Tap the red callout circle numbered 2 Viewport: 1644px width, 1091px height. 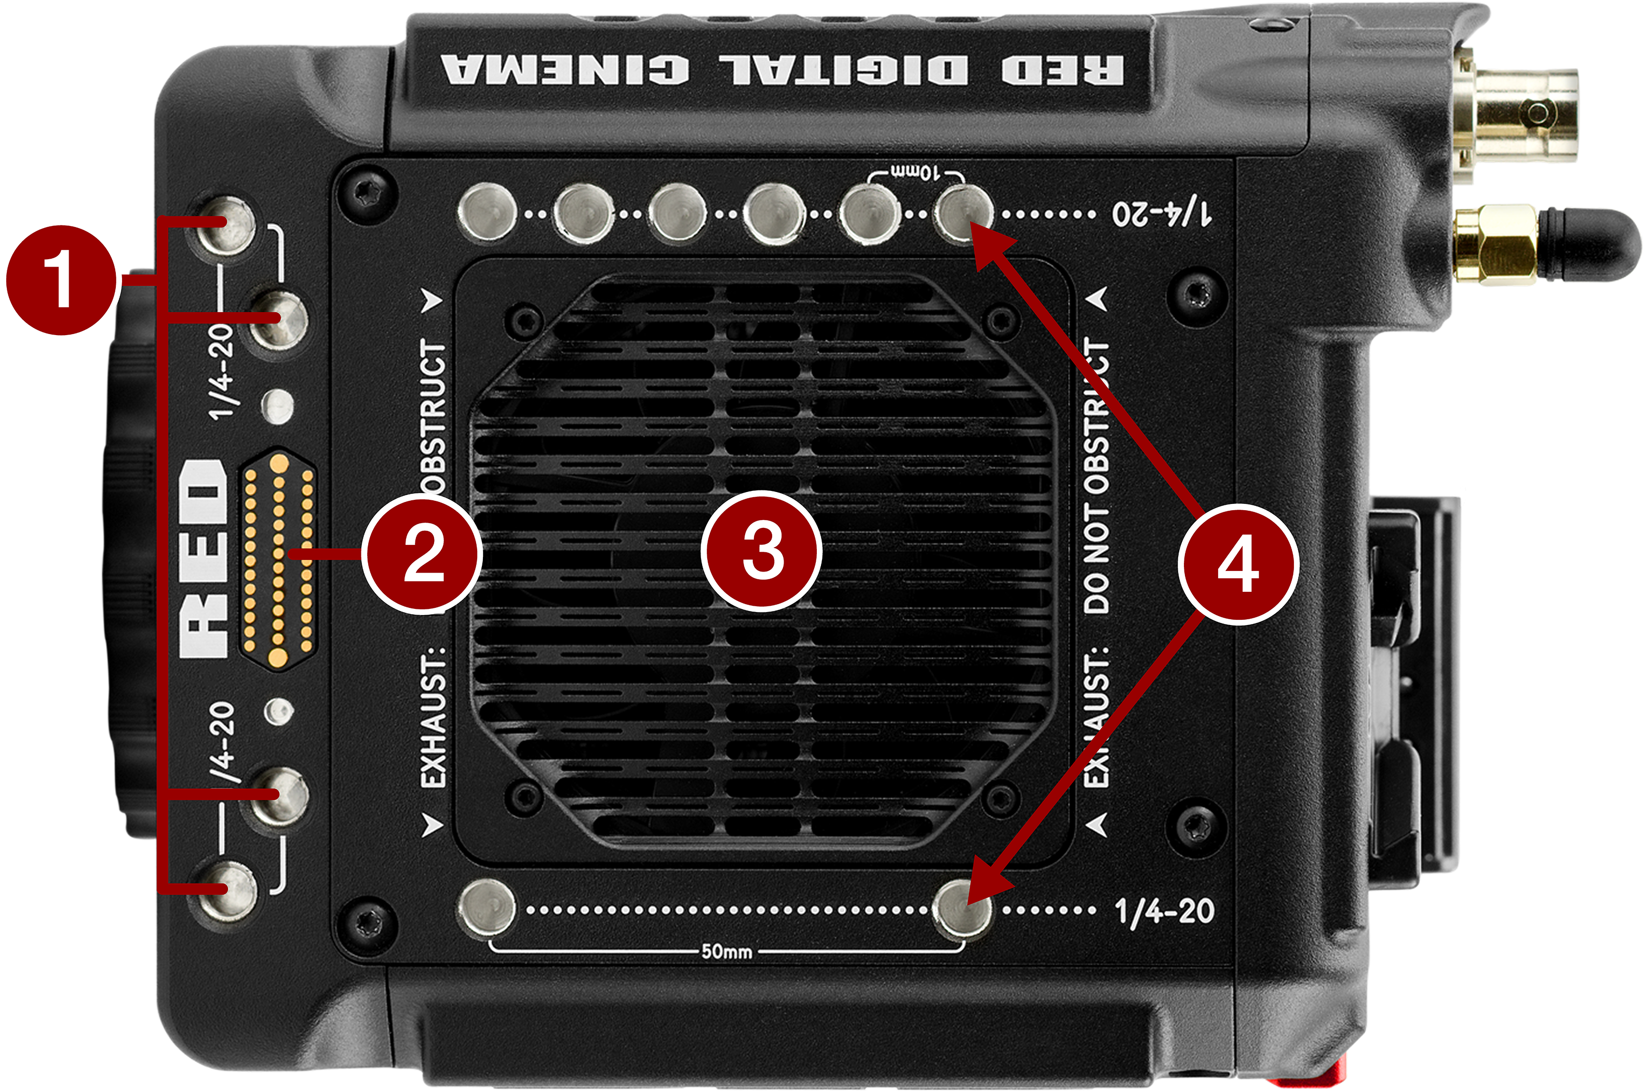pyautogui.click(x=423, y=553)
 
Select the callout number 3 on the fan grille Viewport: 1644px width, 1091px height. pyautogui.click(x=761, y=551)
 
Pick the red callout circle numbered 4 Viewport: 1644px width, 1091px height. pyautogui.click(x=1237, y=564)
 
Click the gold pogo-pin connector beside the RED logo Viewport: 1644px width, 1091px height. pyautogui.click(x=278, y=556)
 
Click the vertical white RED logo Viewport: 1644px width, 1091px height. pyautogui.click(x=203, y=556)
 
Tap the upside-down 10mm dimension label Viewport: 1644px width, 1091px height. pyautogui.click(x=916, y=171)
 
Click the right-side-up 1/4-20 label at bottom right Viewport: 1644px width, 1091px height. pyautogui.click(x=1165, y=910)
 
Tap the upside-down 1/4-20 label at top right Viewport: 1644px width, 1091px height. pyautogui.click(x=1162, y=212)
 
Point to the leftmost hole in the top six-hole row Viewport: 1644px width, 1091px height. pyautogui.click(x=487, y=211)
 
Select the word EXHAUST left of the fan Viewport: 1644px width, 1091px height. pyautogui.click(x=433, y=716)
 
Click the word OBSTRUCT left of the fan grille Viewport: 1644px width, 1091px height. pyautogui.click(x=433, y=418)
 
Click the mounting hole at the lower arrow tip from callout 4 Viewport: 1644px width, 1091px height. pyautogui.click(x=962, y=909)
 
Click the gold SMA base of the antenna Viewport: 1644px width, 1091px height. pyautogui.click(x=1495, y=245)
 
